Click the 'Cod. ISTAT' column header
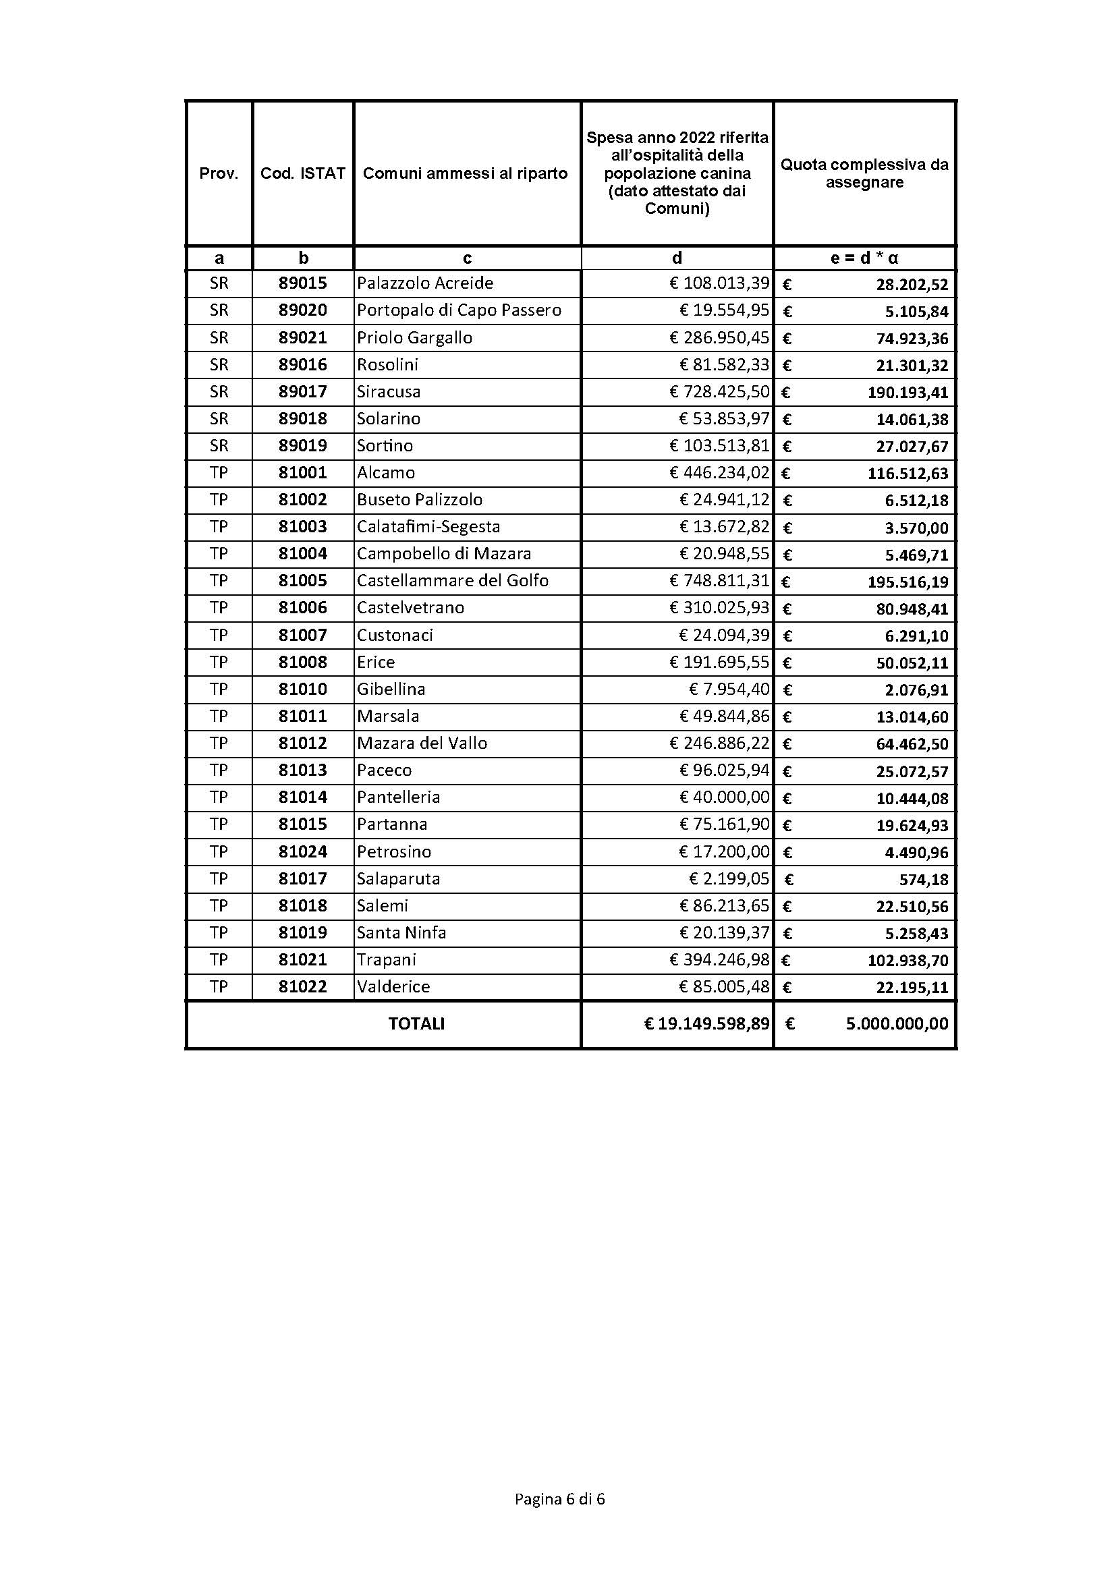click(302, 173)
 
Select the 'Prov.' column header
click(219, 173)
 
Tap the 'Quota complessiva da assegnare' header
click(864, 173)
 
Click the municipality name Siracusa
click(388, 392)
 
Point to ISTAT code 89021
click(302, 337)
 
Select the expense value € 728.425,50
click(719, 392)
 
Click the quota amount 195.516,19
click(908, 582)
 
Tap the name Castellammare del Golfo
click(452, 581)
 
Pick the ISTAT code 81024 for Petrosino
click(302, 851)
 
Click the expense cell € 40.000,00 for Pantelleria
click(724, 797)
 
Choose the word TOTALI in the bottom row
click(416, 1024)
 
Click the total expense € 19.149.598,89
click(706, 1024)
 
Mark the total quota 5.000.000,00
click(897, 1024)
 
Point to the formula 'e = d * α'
click(864, 258)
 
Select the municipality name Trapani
click(386, 959)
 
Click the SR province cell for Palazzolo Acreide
click(219, 283)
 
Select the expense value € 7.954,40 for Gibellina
click(729, 689)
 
